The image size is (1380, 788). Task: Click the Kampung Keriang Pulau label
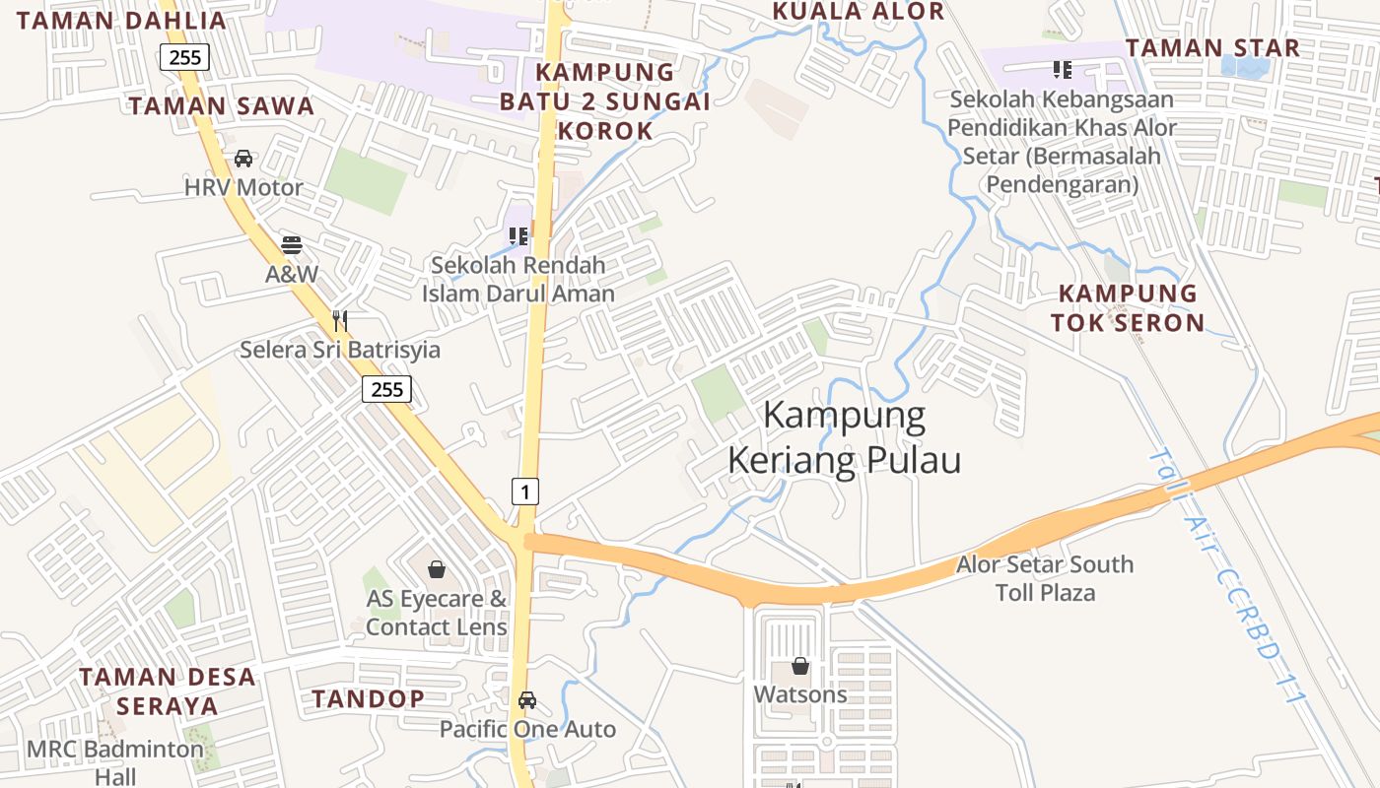click(845, 438)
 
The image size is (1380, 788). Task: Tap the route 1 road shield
click(525, 491)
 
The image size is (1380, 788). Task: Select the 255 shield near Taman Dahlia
click(185, 57)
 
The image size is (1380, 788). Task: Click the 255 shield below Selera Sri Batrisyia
click(386, 389)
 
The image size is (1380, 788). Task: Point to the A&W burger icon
click(292, 244)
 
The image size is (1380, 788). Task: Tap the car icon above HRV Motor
click(243, 158)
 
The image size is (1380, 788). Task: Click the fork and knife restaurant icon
click(340, 320)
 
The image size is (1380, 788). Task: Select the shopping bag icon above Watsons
click(800, 666)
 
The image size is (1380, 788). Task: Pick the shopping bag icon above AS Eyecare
click(437, 569)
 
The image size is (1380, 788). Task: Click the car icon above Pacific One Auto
click(527, 700)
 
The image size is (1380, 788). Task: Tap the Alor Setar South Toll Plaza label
click(1045, 578)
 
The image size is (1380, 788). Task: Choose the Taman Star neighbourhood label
click(1212, 47)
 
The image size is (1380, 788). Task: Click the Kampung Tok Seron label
click(1128, 307)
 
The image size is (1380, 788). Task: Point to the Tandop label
click(369, 699)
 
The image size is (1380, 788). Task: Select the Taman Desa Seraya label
click(168, 691)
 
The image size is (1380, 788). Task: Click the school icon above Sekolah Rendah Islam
click(518, 235)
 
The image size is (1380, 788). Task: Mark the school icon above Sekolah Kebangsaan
click(1062, 69)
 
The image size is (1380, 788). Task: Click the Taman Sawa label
click(222, 106)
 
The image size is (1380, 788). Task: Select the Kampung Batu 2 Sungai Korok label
click(605, 100)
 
